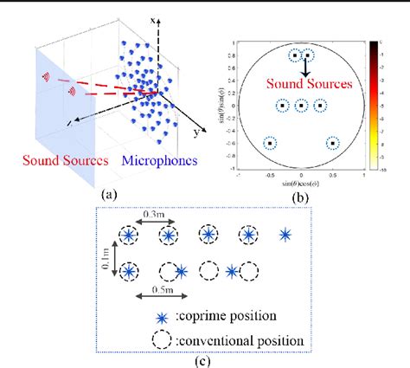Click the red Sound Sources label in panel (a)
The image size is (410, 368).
click(66, 161)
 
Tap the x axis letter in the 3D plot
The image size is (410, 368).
click(152, 19)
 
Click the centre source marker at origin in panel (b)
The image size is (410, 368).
click(301, 106)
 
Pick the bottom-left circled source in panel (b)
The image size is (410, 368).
click(270, 144)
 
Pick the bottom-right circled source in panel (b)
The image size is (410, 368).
click(332, 144)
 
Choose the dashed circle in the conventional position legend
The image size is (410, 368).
click(163, 339)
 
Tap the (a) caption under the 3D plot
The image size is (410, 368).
click(109, 194)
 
